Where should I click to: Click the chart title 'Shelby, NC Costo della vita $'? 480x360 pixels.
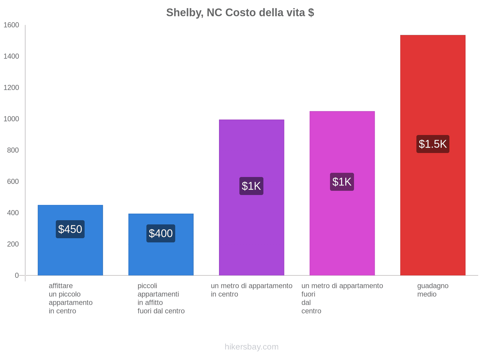(240, 13)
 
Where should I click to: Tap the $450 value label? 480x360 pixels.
(70, 229)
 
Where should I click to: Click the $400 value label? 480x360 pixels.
(161, 233)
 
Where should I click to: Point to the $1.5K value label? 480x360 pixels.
(433, 144)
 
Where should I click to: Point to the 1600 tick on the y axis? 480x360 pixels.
(11, 25)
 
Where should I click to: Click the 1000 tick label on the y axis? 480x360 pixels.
(11, 119)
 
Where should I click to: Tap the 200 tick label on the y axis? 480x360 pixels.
(13, 244)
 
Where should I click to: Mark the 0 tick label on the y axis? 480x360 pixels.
(17, 275)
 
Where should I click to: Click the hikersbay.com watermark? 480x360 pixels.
(251, 347)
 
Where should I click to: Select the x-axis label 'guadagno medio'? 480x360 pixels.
(433, 290)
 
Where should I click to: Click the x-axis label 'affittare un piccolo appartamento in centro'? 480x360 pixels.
(70, 298)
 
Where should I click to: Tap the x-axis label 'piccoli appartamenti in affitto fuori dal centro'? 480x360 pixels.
(161, 298)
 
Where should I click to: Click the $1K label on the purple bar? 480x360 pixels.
(251, 186)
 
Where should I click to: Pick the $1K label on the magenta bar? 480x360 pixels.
(342, 182)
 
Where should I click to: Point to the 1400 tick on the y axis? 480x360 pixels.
(11, 56)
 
